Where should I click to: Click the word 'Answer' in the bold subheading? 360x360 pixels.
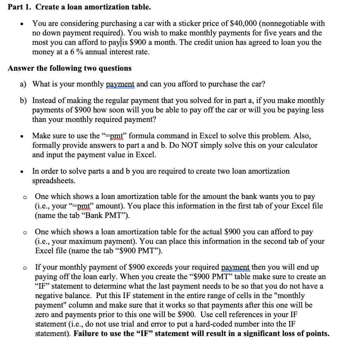(x=20, y=68)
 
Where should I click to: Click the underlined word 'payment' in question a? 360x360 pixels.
(x=120, y=84)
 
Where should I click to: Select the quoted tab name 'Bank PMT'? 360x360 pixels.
(x=112, y=216)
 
